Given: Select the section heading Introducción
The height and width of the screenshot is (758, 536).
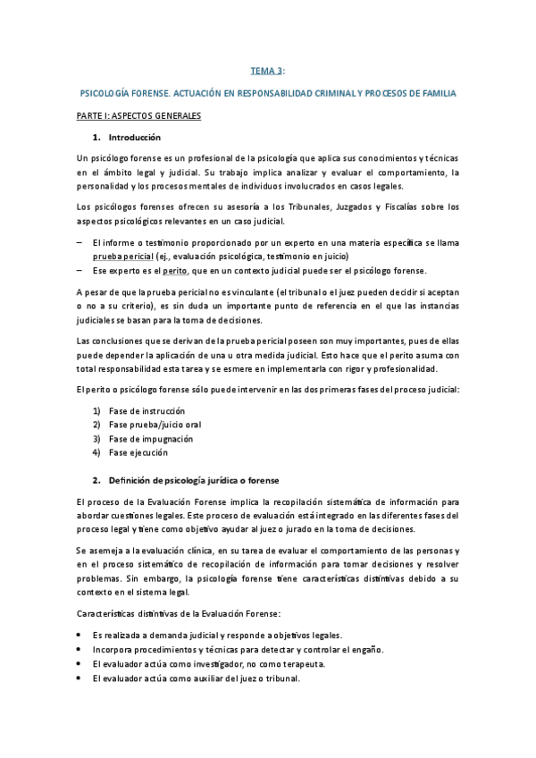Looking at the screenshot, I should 134,138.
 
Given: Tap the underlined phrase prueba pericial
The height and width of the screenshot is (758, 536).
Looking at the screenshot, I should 123,255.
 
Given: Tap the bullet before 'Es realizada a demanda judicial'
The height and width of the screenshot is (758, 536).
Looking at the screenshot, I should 80,634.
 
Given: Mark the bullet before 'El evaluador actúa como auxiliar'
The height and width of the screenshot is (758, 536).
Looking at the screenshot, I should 80,678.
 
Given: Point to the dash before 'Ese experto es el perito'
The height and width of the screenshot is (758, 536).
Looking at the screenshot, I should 80,270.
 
